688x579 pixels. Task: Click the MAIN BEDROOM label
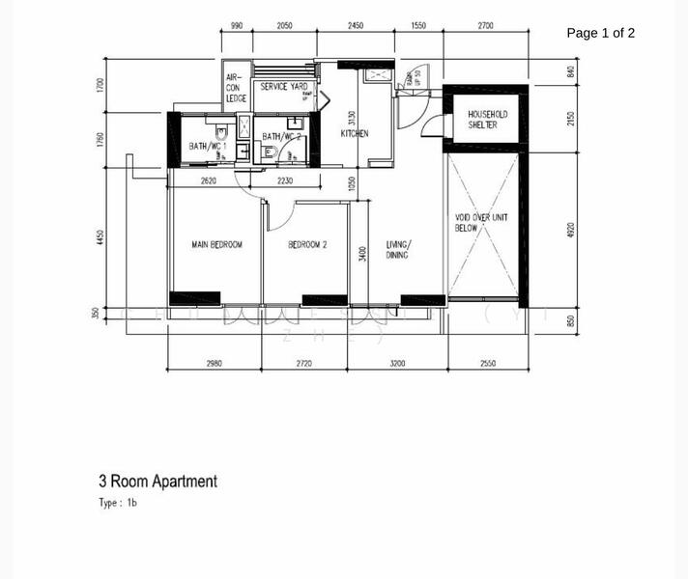pyautogui.click(x=216, y=245)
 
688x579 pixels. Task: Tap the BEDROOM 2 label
pyautogui.click(x=307, y=245)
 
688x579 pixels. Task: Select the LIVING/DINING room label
pyautogui.click(x=397, y=250)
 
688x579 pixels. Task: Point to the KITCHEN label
pyautogui.click(x=355, y=134)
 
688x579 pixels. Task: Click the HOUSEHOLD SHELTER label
pyautogui.click(x=487, y=120)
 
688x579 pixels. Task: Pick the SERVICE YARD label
pyautogui.click(x=284, y=87)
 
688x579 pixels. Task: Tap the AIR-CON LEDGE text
pyautogui.click(x=236, y=88)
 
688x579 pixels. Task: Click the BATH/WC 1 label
pyautogui.click(x=208, y=147)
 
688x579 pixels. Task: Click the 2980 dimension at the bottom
pyautogui.click(x=214, y=364)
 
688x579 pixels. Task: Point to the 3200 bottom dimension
pyautogui.click(x=397, y=364)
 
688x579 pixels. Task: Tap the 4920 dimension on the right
pyautogui.click(x=571, y=232)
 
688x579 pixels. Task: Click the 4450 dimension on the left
pyautogui.click(x=100, y=237)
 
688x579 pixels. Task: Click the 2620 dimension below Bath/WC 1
pyautogui.click(x=208, y=180)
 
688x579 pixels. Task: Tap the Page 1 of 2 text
pyautogui.click(x=600, y=33)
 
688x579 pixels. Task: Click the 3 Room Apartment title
pyautogui.click(x=158, y=481)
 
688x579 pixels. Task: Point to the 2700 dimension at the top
pyautogui.click(x=484, y=26)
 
